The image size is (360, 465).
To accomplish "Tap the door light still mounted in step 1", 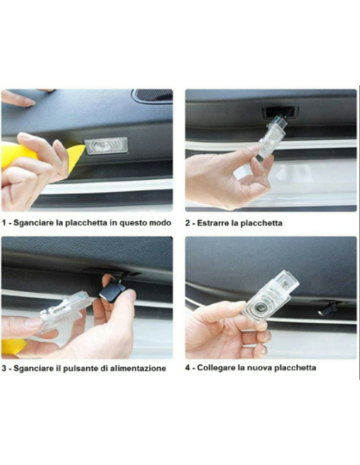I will [x=106, y=146].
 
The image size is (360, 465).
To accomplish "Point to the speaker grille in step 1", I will [x=152, y=96].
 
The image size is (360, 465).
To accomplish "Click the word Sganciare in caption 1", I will [x=33, y=223].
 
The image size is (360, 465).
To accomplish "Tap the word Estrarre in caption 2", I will [x=216, y=223].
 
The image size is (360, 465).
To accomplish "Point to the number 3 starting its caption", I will [x=4, y=369].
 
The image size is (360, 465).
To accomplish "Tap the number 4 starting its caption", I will [x=189, y=368].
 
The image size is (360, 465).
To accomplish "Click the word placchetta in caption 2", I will [x=262, y=223].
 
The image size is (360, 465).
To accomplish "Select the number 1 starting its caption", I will [x=4, y=223].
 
